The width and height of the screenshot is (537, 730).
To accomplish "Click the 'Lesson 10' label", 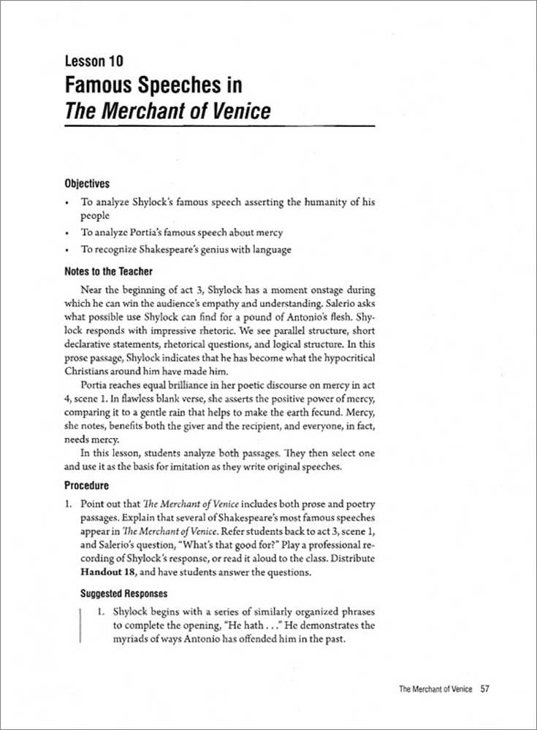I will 94,61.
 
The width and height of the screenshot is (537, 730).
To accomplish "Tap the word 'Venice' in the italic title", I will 235,111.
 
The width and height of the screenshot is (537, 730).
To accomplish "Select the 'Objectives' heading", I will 87,183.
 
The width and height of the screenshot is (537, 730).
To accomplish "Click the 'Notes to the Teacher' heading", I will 108,272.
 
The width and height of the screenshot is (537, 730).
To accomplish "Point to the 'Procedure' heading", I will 86,485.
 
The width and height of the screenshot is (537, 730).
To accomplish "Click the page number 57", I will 484,688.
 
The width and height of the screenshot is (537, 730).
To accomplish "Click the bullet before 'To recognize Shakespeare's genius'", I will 67,250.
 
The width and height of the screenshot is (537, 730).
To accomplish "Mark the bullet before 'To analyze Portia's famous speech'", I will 67,234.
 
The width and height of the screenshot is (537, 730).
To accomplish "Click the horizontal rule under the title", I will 219,127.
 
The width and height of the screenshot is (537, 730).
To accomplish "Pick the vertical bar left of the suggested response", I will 79,625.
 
